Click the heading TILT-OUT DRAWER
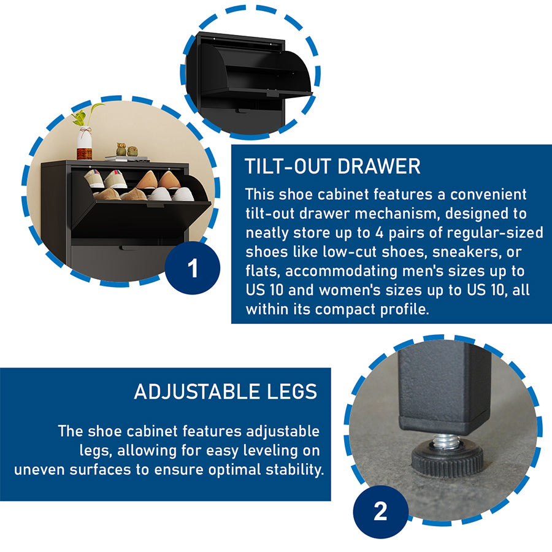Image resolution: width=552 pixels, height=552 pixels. point(332,166)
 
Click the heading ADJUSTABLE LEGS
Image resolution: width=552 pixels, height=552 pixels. point(226,391)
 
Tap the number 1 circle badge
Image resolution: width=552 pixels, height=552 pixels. point(192,267)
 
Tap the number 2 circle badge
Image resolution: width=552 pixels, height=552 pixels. point(380,511)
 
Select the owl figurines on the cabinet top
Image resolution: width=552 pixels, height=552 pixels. point(126,149)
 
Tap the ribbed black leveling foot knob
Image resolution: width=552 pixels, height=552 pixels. point(447,459)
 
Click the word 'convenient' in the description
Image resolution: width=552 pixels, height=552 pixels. point(488,194)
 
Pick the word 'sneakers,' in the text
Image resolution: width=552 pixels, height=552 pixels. point(467,251)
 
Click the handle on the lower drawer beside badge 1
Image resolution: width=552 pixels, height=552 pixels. point(129,248)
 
